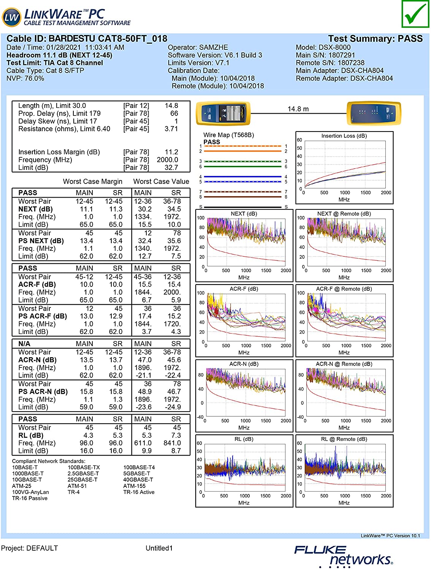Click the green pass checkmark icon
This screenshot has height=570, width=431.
[x=415, y=14]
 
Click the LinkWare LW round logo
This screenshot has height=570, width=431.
[x=11, y=17]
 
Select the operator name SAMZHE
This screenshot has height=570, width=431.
[x=212, y=47]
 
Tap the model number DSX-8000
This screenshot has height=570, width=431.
[x=332, y=47]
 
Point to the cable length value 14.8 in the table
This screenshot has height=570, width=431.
[x=171, y=106]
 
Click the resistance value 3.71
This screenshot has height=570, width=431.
[x=171, y=129]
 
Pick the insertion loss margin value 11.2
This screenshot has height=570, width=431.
[x=171, y=152]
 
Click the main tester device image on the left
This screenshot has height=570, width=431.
[x=223, y=113]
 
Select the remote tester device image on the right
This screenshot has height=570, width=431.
[x=374, y=113]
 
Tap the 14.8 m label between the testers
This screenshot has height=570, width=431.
[x=298, y=109]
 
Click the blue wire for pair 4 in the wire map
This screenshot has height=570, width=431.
[x=243, y=177]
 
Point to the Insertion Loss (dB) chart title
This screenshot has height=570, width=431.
[x=344, y=136]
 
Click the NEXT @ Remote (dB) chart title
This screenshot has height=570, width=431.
[x=344, y=214]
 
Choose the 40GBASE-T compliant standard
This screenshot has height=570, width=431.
[x=138, y=480]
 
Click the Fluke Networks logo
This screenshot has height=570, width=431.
[x=343, y=556]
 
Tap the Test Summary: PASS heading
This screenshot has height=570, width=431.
[x=375, y=39]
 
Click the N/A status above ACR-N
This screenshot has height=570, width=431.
[x=24, y=344]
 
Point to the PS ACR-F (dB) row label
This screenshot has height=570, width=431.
[x=43, y=316]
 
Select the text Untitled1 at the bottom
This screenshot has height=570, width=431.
[x=159, y=548]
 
